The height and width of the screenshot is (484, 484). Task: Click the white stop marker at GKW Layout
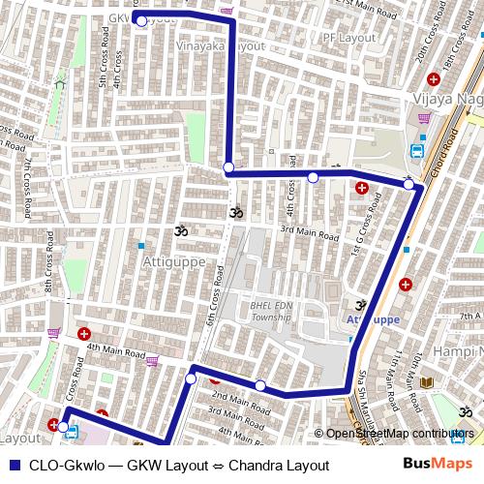[141, 20]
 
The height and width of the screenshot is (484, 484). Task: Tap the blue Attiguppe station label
[373, 318]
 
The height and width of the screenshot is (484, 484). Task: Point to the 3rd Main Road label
[310, 233]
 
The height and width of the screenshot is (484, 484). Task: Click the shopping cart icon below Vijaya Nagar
[424, 118]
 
